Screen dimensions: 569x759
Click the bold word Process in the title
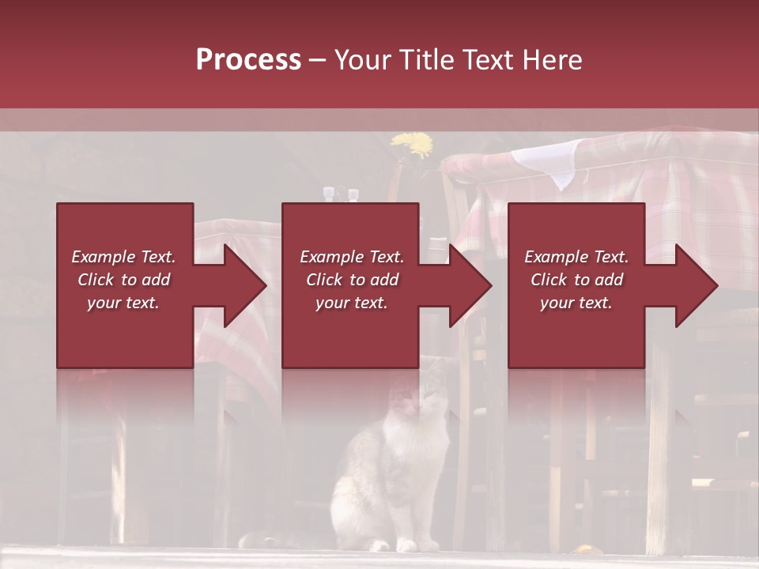point(248,59)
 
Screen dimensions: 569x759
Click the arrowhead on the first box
point(246,285)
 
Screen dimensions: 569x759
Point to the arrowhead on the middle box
point(471,285)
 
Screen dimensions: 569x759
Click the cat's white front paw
point(406,545)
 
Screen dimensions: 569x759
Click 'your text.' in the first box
point(123,303)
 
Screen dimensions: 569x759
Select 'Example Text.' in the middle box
point(352,257)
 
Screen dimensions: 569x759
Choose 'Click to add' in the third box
point(577,280)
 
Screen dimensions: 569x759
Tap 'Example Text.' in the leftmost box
point(123,257)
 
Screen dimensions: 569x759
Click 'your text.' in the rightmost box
point(576,303)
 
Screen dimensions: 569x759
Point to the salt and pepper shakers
point(339,194)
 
